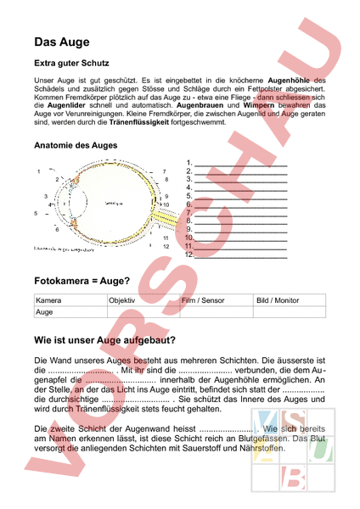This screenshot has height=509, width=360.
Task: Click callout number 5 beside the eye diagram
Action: click(36, 213)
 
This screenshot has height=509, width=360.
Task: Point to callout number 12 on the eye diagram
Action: click(166, 246)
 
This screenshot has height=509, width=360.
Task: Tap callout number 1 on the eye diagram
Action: click(39, 172)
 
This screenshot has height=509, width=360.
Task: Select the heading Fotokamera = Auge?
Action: click(82, 280)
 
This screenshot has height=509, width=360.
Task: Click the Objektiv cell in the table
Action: click(122, 300)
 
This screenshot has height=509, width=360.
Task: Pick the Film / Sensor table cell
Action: click(203, 300)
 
